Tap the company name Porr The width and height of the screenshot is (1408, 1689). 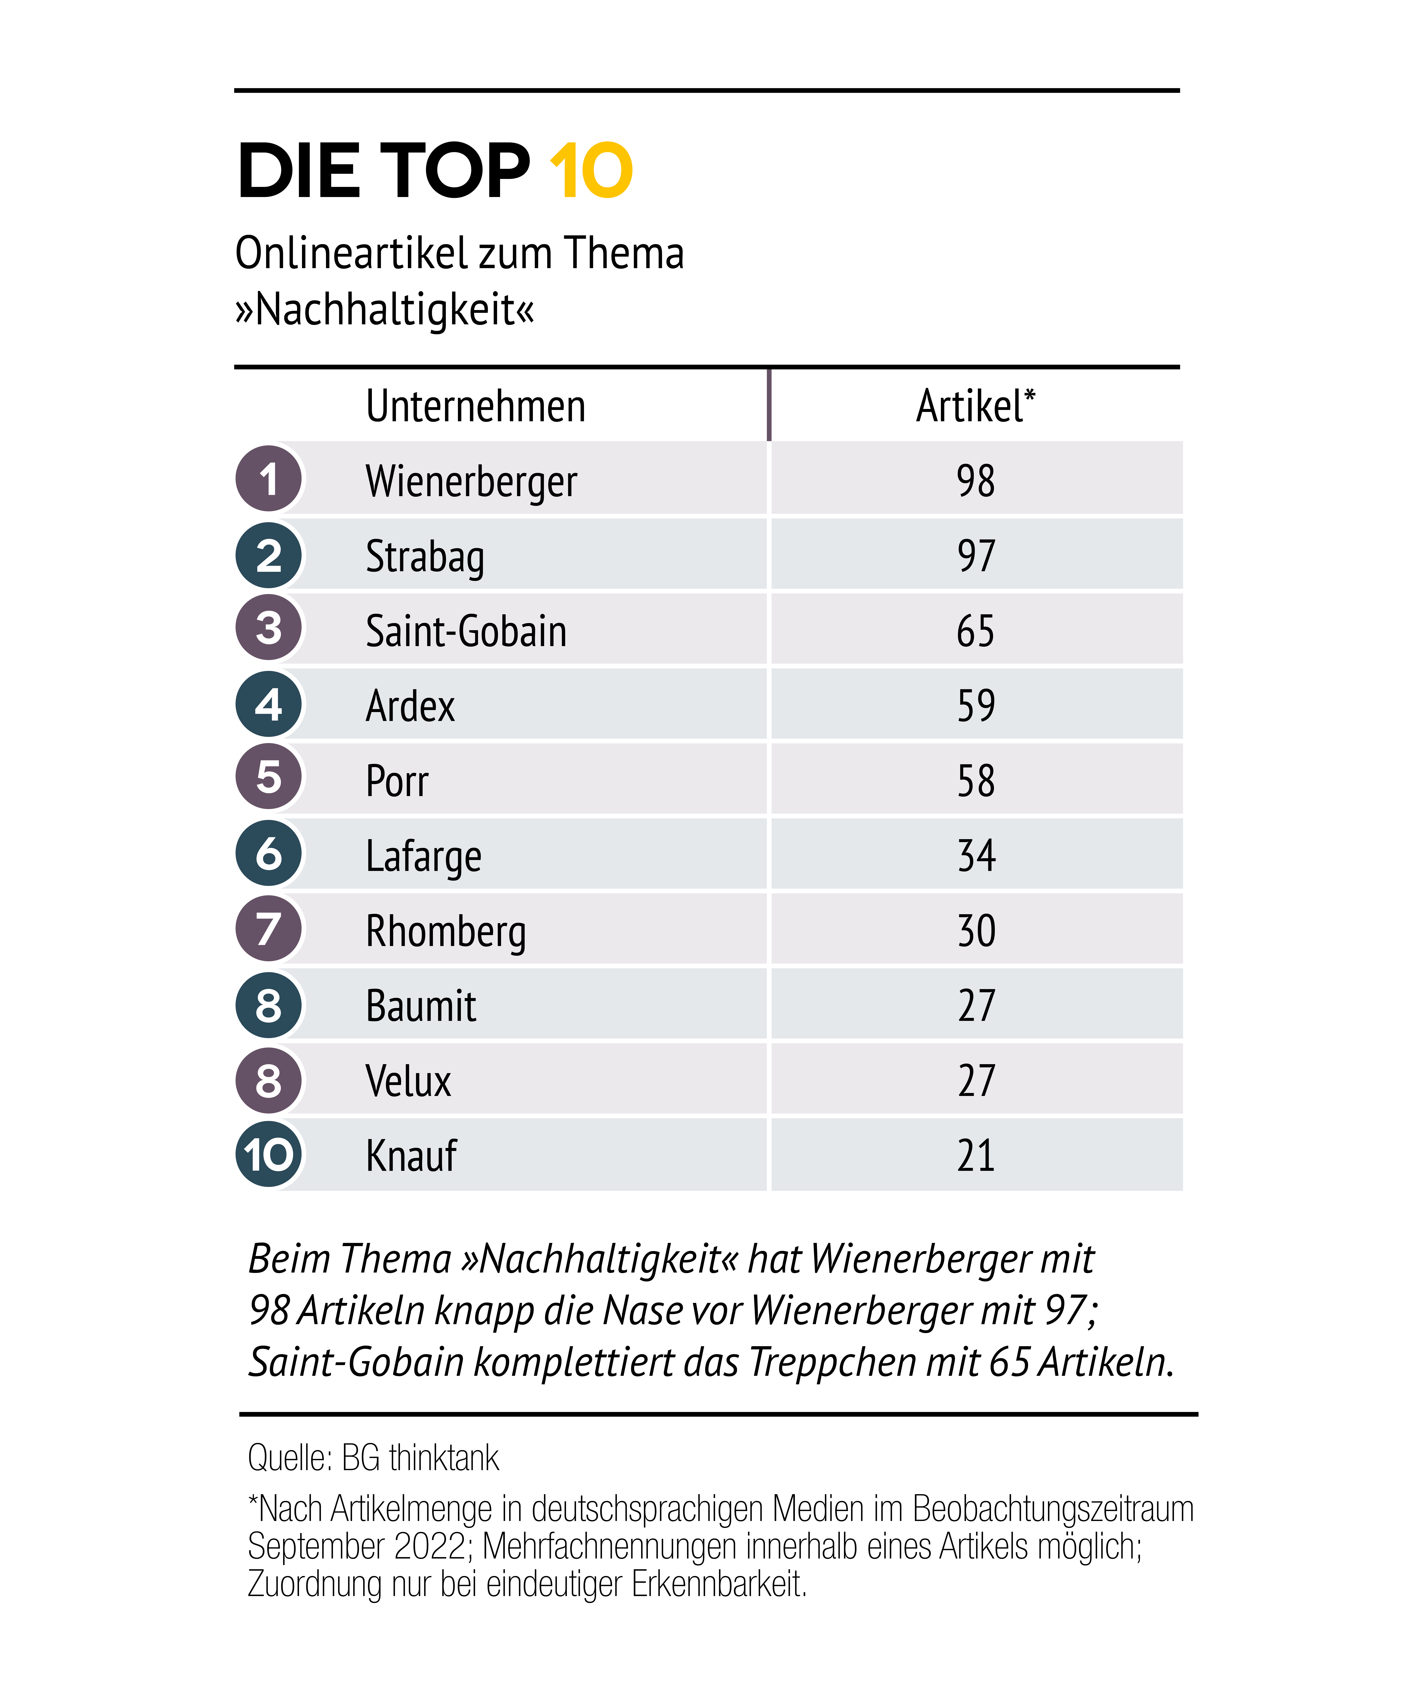tap(397, 781)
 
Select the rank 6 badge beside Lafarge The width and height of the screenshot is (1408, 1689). tap(269, 853)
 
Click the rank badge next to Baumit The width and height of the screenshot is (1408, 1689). tap(269, 1005)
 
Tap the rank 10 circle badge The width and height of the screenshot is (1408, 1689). tap(269, 1155)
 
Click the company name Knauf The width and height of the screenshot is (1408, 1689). tap(411, 1156)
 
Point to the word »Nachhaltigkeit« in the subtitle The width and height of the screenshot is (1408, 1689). tap(385, 310)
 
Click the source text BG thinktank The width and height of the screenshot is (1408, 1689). tap(420, 1457)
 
